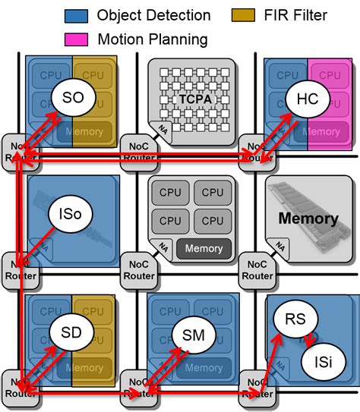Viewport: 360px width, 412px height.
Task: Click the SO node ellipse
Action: [x=71, y=98]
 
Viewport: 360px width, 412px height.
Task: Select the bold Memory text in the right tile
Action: [x=308, y=219]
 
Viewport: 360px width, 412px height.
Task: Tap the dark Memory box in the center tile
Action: [x=204, y=248]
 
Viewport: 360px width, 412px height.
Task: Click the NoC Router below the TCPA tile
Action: [x=137, y=153]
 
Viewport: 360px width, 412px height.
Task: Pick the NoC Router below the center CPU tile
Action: [x=137, y=270]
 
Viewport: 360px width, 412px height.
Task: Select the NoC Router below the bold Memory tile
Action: [x=255, y=270]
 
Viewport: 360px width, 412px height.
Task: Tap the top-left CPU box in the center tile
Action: [x=170, y=193]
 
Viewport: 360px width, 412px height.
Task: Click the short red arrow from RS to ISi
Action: [x=310, y=338]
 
